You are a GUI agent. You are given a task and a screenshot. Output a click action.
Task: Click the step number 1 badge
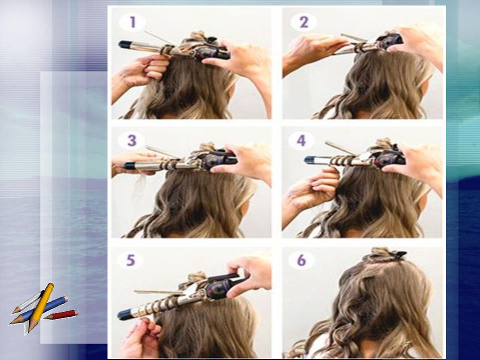point(132,22)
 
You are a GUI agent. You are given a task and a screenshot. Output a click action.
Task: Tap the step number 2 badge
point(303,22)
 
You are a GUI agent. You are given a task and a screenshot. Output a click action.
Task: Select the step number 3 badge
point(131,140)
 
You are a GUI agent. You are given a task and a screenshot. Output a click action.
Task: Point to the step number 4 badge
point(301,140)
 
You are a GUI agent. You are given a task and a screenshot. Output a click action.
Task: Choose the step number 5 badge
point(130,260)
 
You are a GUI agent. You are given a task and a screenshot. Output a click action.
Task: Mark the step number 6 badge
point(301,260)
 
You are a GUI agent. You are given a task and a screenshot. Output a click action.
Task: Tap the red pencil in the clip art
point(61,314)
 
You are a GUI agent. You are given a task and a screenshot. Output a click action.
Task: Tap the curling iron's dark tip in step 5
point(124,314)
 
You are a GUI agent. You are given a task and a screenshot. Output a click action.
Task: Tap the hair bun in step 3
point(204,148)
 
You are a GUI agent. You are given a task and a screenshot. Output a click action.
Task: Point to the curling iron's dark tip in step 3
point(130,165)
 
